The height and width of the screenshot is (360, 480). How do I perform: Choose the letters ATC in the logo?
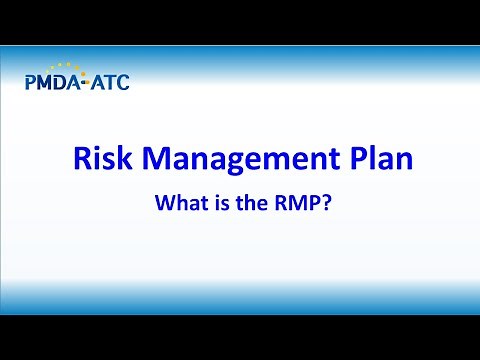click(x=109, y=82)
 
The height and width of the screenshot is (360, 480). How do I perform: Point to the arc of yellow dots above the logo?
click(x=63, y=67)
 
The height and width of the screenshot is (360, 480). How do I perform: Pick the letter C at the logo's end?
click(x=122, y=82)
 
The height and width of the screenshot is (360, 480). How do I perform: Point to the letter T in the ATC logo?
click(x=109, y=82)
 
